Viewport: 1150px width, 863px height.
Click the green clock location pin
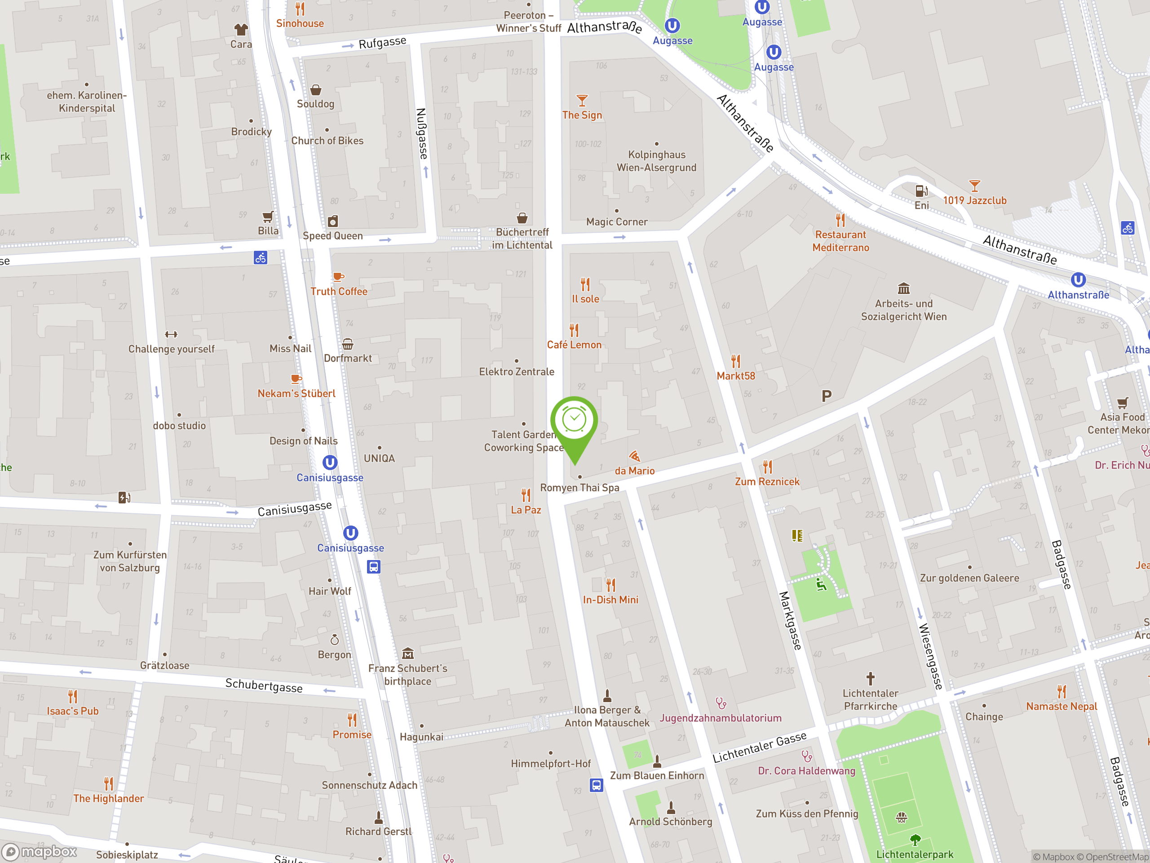tap(574, 421)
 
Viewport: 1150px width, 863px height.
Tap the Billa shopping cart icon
tap(268, 216)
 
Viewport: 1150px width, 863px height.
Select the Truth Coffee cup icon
tap(338, 277)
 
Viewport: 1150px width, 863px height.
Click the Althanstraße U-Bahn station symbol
tap(1078, 280)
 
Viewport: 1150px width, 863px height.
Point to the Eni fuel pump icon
tap(921, 191)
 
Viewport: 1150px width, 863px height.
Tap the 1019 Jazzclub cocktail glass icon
tap(974, 186)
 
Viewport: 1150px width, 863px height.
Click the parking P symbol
tap(826, 396)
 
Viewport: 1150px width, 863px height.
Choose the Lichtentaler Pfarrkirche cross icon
tap(870, 678)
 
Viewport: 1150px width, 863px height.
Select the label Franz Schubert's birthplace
tap(407, 674)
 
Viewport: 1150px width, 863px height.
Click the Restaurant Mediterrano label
tap(840, 241)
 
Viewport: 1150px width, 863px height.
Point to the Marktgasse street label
tap(790, 620)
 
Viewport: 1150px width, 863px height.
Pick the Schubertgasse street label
tap(264, 685)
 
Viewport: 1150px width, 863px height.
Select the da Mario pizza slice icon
tap(634, 456)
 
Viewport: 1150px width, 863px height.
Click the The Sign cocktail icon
tap(582, 100)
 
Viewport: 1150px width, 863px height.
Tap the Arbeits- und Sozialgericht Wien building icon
tap(903, 288)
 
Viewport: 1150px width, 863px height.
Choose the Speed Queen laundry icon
tap(333, 221)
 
